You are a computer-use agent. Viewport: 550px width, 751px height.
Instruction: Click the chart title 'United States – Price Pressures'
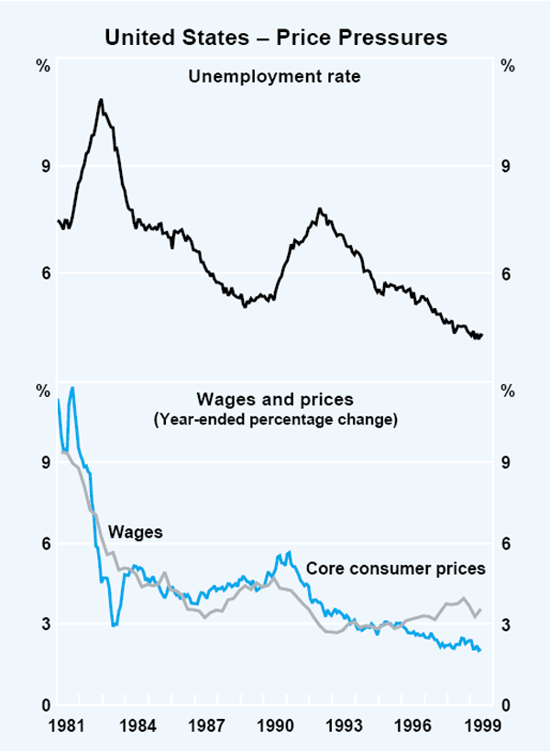coord(275,38)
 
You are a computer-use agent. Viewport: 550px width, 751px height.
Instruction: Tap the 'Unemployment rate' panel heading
coord(274,76)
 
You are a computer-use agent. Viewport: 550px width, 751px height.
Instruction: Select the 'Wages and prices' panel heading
coord(275,400)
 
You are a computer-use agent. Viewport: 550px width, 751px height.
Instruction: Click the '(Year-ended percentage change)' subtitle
coord(275,420)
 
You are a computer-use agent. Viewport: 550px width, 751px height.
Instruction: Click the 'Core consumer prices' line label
coord(395,569)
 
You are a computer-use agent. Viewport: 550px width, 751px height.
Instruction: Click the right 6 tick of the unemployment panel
coord(505,273)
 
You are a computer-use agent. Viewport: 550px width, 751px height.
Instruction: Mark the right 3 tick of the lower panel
coord(505,624)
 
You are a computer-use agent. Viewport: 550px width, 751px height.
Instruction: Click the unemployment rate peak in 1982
coord(101,99)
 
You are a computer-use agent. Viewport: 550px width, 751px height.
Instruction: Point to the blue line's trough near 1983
coord(114,625)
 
